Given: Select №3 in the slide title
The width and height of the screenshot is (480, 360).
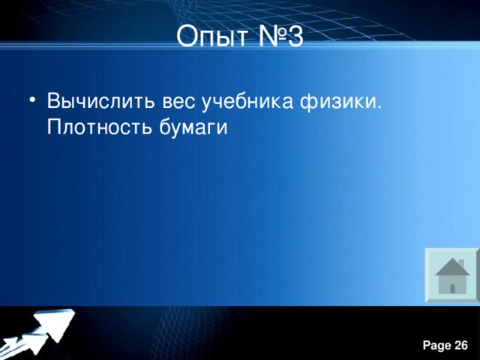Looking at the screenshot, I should pos(277,35).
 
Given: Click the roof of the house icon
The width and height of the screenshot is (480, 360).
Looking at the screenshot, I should pos(451,267).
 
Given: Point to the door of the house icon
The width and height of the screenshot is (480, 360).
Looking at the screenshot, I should pos(452,287).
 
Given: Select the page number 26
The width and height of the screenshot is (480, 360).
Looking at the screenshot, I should pos(461,345).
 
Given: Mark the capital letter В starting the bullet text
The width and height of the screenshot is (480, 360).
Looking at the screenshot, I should pos(52,101).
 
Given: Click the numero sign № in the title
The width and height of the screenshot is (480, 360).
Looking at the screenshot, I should pos(268,35).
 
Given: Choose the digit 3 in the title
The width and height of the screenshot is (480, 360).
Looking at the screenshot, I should pos(295,35).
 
